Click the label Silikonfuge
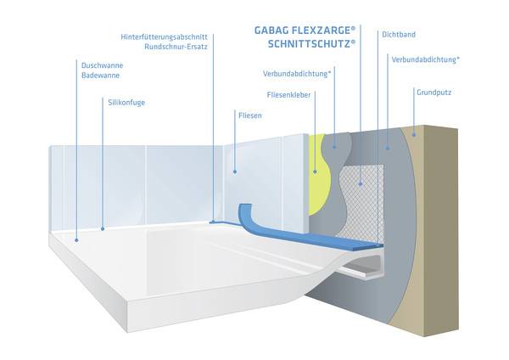click(x=127, y=102)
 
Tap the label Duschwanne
click(x=100, y=65)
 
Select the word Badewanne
click(x=98, y=76)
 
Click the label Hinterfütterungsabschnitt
click(x=165, y=37)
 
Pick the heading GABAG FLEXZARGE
click(x=305, y=30)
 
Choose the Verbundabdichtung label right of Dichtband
click(x=426, y=59)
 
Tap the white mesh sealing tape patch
click(x=361, y=200)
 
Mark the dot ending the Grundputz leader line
click(x=413, y=132)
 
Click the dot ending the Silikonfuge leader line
click(x=103, y=228)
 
